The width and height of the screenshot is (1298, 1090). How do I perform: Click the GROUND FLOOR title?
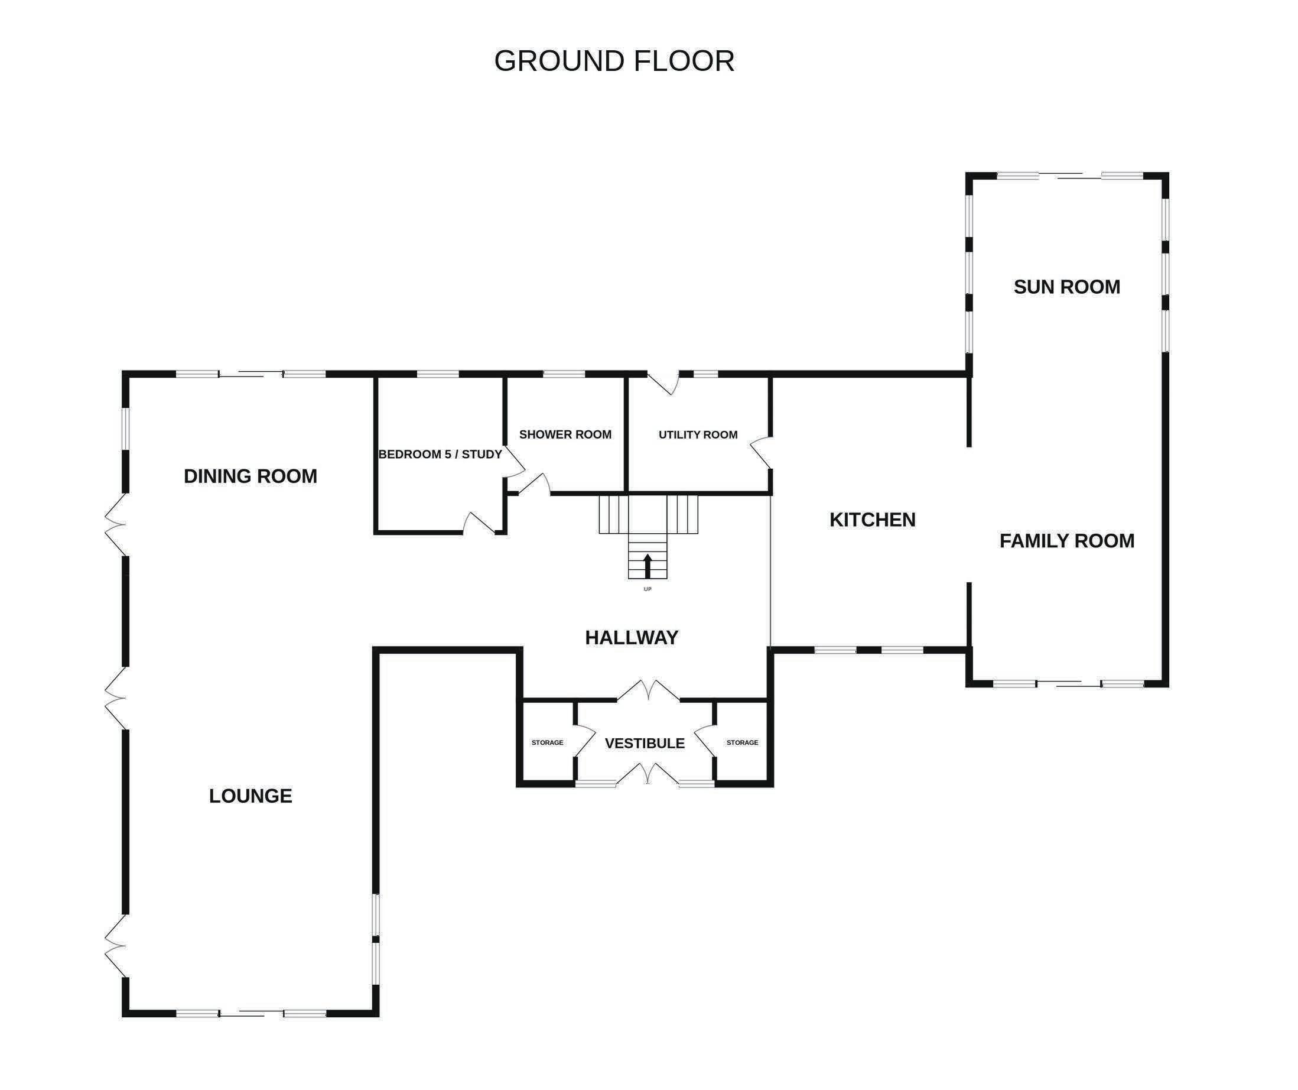tap(614, 61)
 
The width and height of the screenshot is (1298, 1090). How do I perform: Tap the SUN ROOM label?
tap(1067, 287)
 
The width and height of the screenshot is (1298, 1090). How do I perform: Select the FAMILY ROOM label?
tap(1067, 541)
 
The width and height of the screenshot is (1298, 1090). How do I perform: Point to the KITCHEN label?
tap(872, 520)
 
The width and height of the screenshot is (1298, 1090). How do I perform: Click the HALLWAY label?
tap(632, 637)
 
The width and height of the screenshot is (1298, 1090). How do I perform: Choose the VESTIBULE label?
tap(645, 743)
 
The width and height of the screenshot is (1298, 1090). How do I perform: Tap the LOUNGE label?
tap(251, 796)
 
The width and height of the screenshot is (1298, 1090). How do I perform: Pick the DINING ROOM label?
tap(251, 476)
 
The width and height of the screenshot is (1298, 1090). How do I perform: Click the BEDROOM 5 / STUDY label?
tap(440, 455)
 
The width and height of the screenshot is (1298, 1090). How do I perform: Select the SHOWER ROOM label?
tap(565, 434)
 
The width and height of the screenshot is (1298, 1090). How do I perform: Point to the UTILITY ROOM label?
tap(698, 434)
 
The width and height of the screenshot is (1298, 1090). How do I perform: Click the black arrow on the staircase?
tap(648, 566)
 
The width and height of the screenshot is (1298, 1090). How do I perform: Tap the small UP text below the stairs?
tap(648, 589)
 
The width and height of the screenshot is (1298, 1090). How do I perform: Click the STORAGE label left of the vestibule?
tap(548, 742)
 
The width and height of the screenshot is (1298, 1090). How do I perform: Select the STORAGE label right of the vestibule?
tap(742, 742)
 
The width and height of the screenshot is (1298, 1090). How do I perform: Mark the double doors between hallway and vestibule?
tap(648, 690)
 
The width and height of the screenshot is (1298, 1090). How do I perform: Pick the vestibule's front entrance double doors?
tap(648, 773)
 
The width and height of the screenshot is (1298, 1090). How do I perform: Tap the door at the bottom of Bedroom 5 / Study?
tap(480, 523)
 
